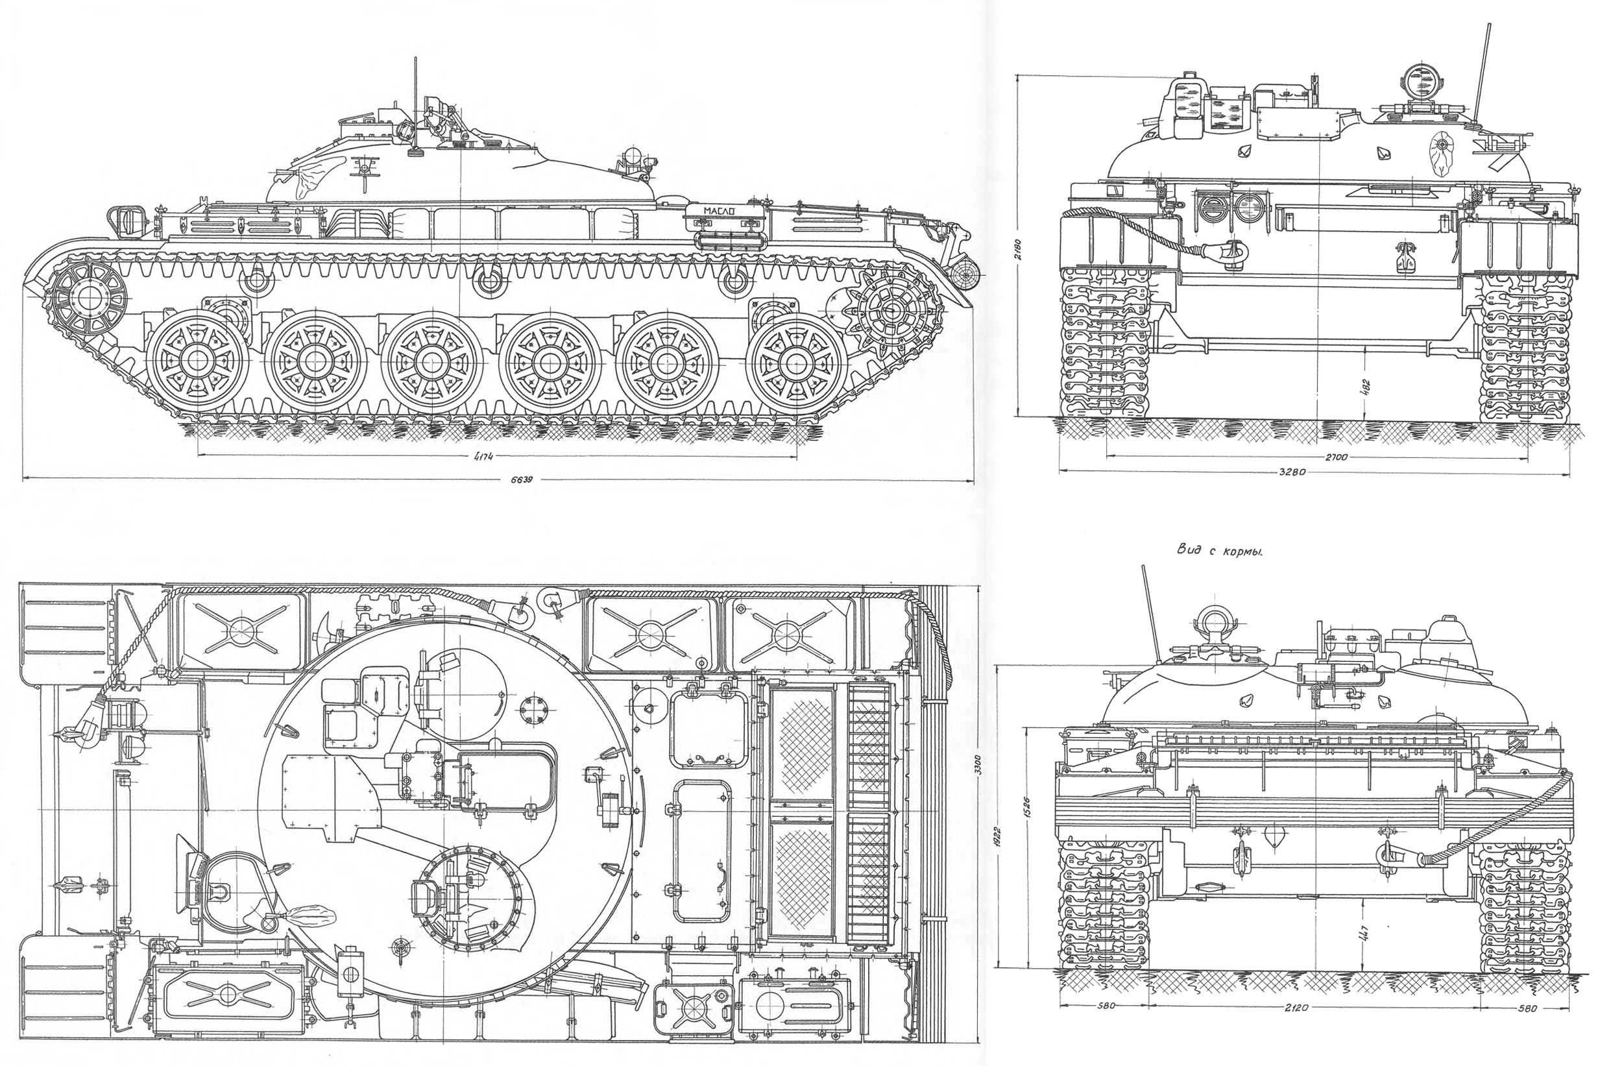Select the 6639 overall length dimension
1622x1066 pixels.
pyautogui.click(x=521, y=480)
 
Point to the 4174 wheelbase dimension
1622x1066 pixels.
pyautogui.click(x=483, y=457)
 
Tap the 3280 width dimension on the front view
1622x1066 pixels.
pyautogui.click(x=1289, y=471)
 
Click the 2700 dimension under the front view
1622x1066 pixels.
pyautogui.click(x=1336, y=457)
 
